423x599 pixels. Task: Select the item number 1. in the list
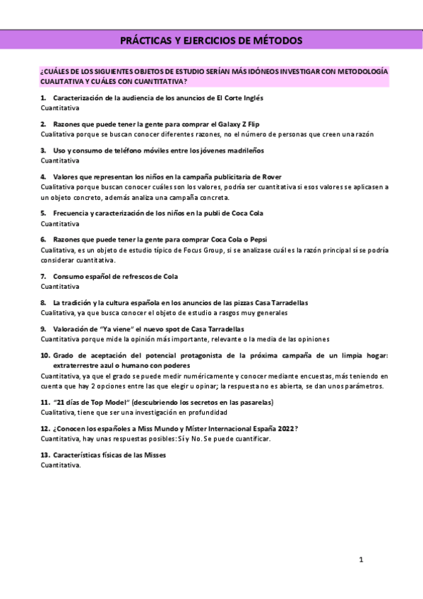44,97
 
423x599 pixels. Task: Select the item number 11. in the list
45,402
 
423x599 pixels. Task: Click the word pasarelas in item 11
253,402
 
